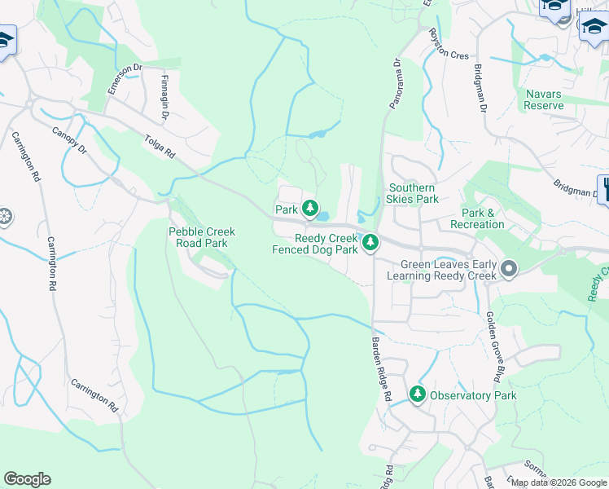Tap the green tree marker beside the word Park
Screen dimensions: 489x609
click(x=310, y=209)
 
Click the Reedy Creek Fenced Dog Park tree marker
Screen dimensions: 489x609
click(x=370, y=243)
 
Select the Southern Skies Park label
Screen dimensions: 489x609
click(x=413, y=193)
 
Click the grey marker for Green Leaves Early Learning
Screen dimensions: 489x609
click(x=510, y=268)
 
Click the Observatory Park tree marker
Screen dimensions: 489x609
click(x=418, y=395)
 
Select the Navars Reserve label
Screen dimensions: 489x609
click(x=543, y=100)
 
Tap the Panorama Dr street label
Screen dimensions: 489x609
click(x=391, y=85)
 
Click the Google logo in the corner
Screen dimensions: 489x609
click(x=27, y=479)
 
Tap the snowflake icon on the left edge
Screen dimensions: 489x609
click(x=4, y=217)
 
